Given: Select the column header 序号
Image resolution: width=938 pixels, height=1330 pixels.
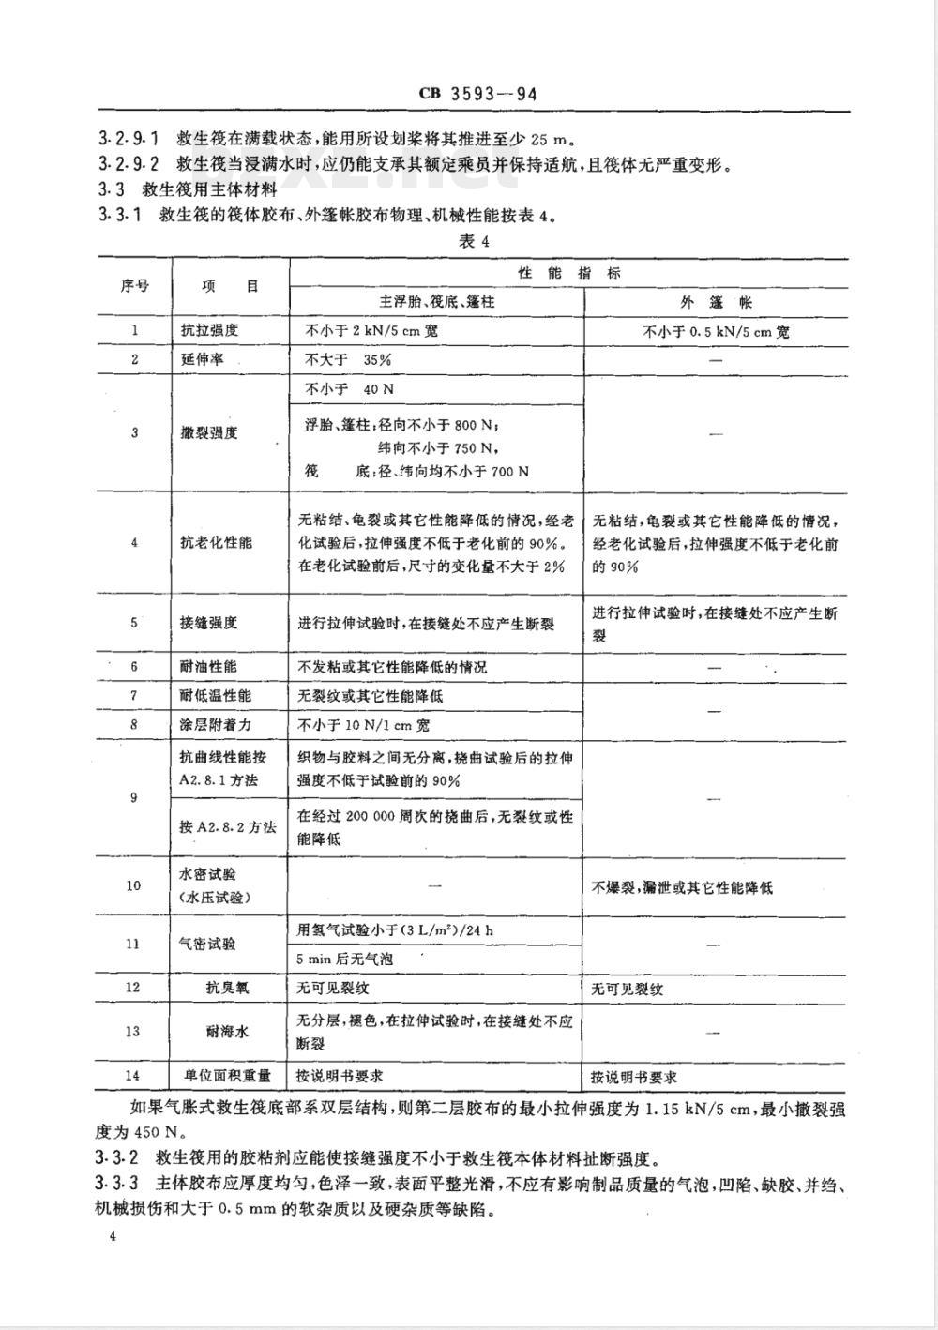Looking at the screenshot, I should (x=134, y=286).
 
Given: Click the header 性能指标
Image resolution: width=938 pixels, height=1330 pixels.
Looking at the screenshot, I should (x=569, y=272).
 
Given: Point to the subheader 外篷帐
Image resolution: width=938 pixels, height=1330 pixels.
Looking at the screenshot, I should (x=716, y=302).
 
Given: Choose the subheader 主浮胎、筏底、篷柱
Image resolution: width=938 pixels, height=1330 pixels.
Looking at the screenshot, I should (x=436, y=302).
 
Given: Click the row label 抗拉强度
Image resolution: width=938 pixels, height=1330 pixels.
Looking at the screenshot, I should (x=209, y=330).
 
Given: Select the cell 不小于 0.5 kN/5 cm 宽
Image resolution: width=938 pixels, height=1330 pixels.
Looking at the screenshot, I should (x=716, y=331).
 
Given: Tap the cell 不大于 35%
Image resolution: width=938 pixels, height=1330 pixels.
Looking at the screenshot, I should (x=344, y=359).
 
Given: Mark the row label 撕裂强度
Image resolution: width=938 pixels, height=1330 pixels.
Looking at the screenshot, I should (x=209, y=432).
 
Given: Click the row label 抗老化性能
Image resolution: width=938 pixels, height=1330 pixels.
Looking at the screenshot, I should (x=216, y=542).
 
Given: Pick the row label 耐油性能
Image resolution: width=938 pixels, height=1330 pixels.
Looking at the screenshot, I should (x=209, y=667).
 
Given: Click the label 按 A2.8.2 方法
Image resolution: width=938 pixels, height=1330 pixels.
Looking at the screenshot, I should (x=228, y=826).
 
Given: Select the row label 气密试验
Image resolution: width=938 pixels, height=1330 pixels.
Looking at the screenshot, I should (x=209, y=945).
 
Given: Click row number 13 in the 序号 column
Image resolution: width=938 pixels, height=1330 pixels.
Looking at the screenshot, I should (x=134, y=1032).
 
